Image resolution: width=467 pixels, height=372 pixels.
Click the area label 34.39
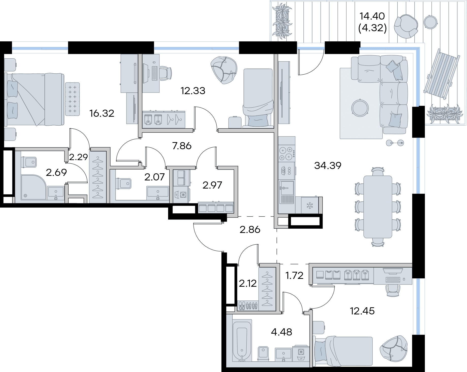click(x=328, y=165)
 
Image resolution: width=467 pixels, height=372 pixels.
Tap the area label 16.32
click(x=102, y=113)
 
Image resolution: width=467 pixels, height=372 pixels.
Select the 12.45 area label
click(x=362, y=311)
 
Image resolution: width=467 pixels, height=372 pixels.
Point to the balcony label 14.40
click(x=372, y=16)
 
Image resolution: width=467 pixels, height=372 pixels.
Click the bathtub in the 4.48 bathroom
click(x=242, y=340)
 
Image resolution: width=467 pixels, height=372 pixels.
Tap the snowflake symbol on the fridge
click(x=310, y=206)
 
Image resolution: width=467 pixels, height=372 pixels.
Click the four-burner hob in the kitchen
click(x=287, y=154)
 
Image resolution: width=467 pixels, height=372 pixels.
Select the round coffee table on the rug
click(x=360, y=108)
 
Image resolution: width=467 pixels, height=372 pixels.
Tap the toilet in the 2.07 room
click(x=124, y=183)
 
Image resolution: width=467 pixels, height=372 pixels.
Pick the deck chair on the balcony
click(x=442, y=74)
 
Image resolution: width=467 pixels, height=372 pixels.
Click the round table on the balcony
click(x=430, y=22)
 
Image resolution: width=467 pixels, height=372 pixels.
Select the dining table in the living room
click(x=378, y=207)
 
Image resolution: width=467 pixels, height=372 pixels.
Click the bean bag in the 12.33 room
click(x=224, y=70)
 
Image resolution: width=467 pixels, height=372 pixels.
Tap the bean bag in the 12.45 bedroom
click(x=394, y=350)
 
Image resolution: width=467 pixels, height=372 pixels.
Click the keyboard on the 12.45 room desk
click(x=393, y=280)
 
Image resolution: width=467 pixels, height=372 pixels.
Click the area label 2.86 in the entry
click(x=250, y=229)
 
